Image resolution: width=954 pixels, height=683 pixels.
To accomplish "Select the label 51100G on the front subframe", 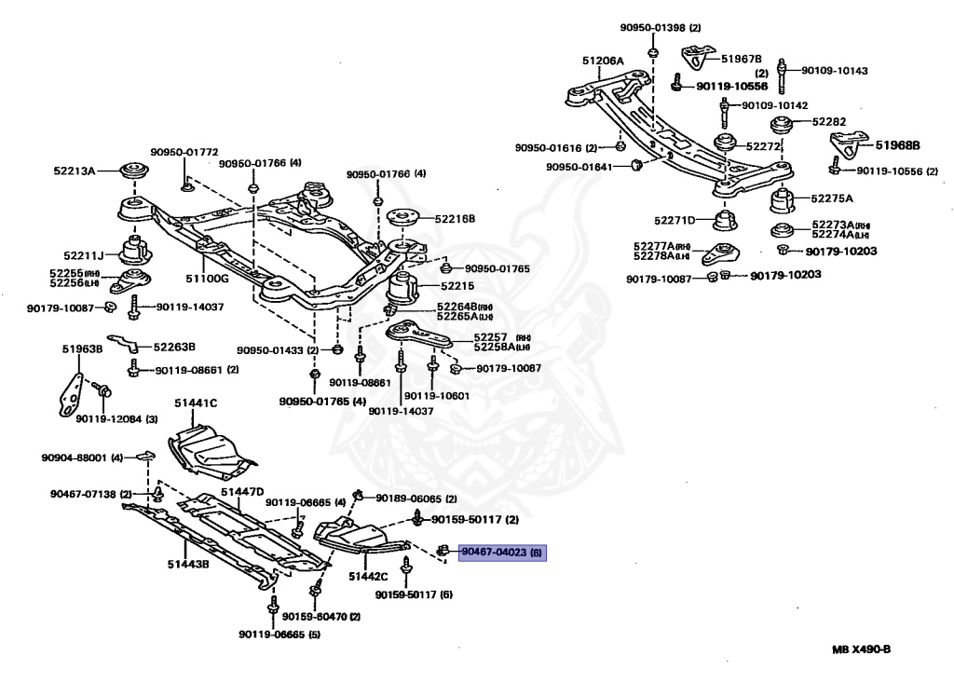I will pos(207,277).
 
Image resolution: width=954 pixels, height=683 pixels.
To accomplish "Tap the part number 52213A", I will pos(75,171).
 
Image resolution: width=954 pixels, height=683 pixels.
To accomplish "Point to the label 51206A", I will pos(603,61).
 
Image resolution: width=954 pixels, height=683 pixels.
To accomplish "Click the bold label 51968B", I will pos(897,145).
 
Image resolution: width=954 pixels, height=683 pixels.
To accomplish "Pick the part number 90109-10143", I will pos(834,70).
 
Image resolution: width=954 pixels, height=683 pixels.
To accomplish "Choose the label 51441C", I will pos(196,403).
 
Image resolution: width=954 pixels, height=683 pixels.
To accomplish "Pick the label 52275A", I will pos(831,198).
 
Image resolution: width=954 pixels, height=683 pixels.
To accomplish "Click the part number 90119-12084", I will pos(109,418).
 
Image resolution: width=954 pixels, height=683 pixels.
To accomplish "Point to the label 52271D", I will pos(675,221).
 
